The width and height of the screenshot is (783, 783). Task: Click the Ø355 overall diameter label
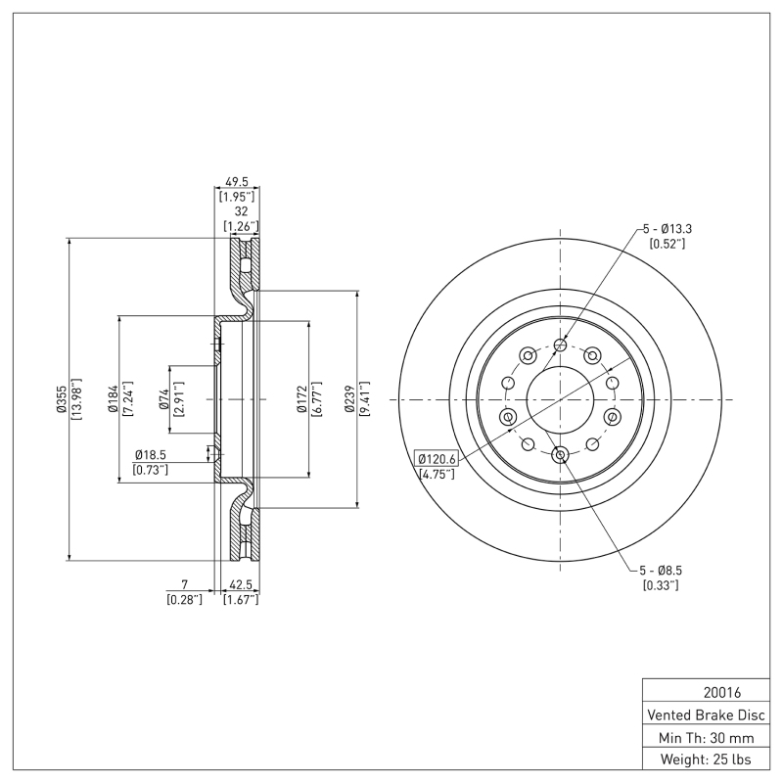[x=61, y=399]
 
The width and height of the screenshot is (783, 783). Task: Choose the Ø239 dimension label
[x=349, y=399]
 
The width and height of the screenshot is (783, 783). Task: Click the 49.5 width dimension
[x=235, y=182]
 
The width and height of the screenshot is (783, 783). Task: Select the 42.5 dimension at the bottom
[x=241, y=585]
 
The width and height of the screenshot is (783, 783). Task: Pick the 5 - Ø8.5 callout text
[x=663, y=571]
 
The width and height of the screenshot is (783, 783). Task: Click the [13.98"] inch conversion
[x=76, y=399]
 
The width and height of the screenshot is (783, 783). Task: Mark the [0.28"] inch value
[x=184, y=599]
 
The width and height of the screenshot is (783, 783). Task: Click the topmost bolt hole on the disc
[x=561, y=344]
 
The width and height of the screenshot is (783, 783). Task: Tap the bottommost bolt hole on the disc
[x=561, y=454]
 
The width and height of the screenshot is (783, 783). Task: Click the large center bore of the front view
[x=561, y=399]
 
